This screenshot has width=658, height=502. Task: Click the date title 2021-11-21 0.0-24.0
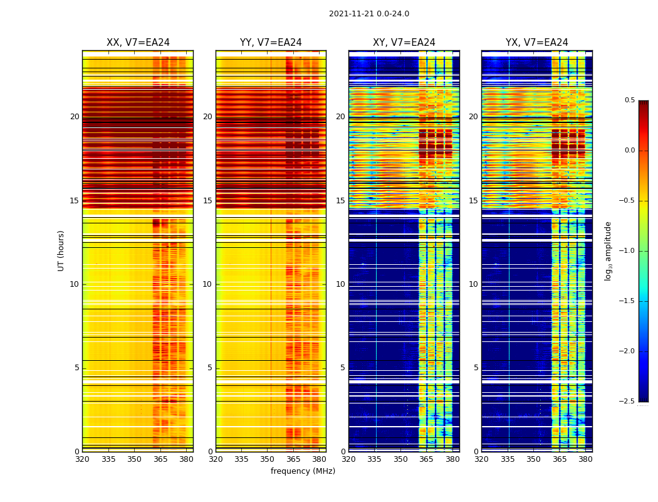pyautogui.click(x=368, y=14)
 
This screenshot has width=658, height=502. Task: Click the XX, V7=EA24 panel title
pyautogui.click(x=138, y=43)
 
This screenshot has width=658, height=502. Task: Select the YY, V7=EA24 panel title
pyautogui.click(x=271, y=43)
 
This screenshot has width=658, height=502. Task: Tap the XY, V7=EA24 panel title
pyautogui.click(x=404, y=43)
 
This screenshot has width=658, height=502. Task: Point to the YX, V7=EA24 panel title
pyautogui.click(x=536, y=43)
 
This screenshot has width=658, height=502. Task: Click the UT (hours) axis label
pyautogui.click(x=61, y=250)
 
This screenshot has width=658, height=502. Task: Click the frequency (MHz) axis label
pyautogui.click(x=303, y=471)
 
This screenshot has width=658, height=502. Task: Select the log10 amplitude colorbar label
pyautogui.click(x=608, y=251)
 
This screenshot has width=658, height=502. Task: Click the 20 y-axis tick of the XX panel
pyautogui.click(x=75, y=117)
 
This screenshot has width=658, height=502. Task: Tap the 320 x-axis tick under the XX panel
pyautogui.click(x=82, y=459)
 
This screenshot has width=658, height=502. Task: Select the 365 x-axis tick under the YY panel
pyautogui.click(x=293, y=459)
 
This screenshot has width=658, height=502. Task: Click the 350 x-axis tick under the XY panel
pyautogui.click(x=400, y=459)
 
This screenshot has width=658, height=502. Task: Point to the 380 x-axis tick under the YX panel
pyautogui.click(x=585, y=459)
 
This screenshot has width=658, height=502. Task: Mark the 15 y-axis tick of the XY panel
pyautogui.click(x=340, y=201)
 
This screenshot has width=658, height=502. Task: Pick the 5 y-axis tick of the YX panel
pyautogui.click(x=476, y=368)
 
